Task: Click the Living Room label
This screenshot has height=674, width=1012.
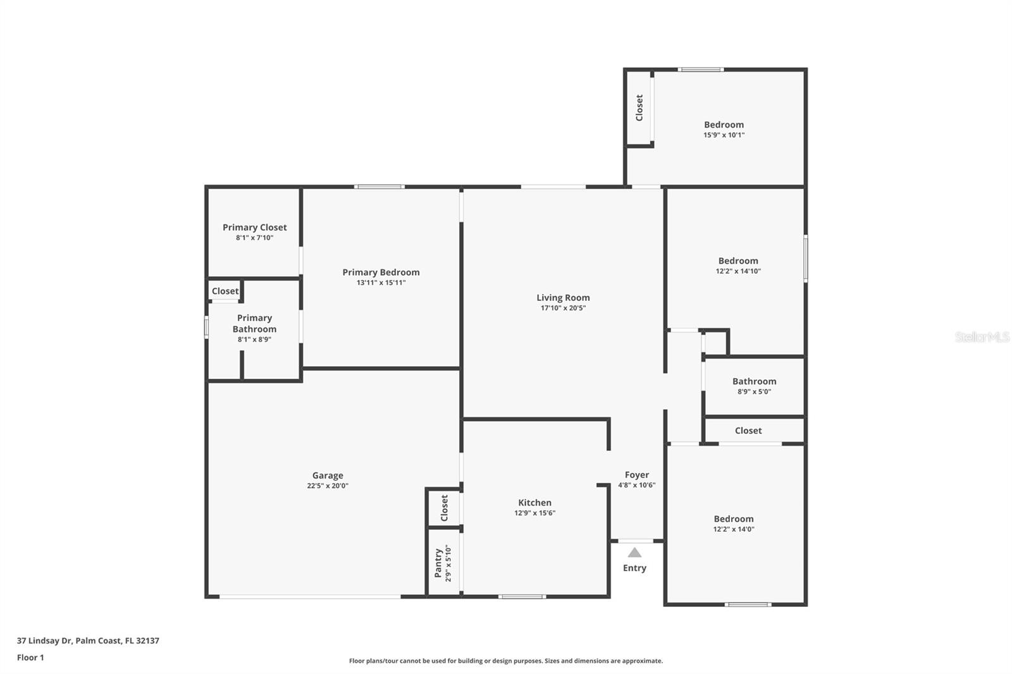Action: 563,298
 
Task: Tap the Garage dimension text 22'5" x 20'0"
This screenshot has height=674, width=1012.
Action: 328,486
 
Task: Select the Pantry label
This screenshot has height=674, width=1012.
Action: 438,563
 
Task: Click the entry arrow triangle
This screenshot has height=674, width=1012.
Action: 634,553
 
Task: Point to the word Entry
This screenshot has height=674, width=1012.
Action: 634,568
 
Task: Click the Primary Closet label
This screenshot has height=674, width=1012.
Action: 254,228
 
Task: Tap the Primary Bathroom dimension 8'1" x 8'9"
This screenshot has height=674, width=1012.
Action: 254,340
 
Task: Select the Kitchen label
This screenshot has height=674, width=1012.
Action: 534,503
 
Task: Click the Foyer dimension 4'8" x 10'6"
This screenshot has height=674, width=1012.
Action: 636,486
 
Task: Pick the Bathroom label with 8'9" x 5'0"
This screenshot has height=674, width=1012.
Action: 754,381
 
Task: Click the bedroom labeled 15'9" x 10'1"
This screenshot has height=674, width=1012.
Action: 724,125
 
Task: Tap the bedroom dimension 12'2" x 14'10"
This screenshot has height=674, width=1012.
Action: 738,271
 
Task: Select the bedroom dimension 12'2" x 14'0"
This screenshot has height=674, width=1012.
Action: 734,530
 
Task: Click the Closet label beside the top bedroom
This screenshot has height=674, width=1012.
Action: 639,108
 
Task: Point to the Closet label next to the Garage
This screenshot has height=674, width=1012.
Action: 445,508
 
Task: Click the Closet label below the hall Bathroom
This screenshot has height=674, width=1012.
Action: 748,431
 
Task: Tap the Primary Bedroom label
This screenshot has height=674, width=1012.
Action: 381,273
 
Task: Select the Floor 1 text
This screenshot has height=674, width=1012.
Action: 30,658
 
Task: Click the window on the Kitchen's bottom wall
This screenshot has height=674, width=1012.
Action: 522,596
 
